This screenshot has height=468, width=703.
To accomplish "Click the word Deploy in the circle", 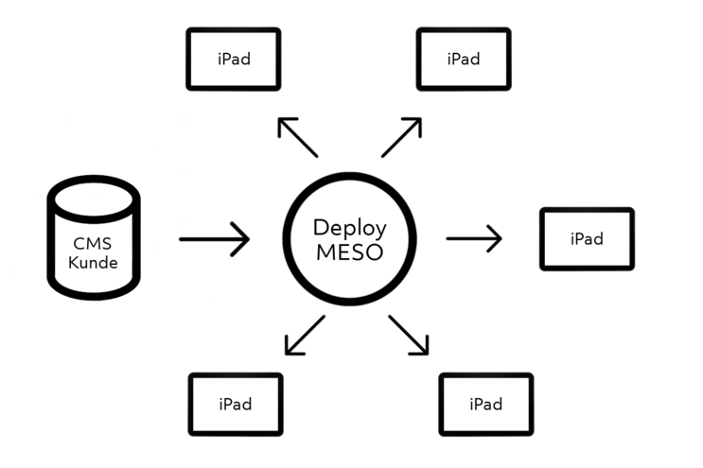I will point(350,228).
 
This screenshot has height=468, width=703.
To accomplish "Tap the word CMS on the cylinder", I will point(93,242).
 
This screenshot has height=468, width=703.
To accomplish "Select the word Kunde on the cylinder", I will point(94,262).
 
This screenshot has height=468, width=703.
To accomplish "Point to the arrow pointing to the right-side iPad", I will point(473,239).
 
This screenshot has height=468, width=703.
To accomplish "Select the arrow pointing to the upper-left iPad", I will point(297,138).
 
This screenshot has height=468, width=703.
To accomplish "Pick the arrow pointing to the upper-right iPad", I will point(402,137).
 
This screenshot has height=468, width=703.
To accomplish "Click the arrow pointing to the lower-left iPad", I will point(304,336).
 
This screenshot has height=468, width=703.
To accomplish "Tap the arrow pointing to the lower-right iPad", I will point(410,336).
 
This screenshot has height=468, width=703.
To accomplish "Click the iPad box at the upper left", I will point(233,59).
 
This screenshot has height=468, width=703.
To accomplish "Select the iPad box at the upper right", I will point(464,59).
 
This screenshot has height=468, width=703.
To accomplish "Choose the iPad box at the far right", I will point(587,239).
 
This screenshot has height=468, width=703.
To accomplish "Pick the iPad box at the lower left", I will point(236,405).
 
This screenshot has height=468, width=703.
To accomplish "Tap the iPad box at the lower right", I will point(485,405).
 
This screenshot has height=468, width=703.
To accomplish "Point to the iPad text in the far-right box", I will point(587,239).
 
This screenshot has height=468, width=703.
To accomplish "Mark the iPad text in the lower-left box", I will point(236,405).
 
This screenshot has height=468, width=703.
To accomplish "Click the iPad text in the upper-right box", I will point(464,59).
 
